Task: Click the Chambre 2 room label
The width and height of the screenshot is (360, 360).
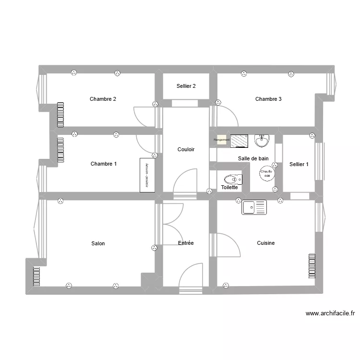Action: [103, 99]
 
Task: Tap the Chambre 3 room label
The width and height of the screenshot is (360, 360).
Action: [268, 99]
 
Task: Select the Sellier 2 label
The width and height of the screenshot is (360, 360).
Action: [186, 86]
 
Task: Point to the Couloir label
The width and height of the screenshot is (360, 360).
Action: [186, 150]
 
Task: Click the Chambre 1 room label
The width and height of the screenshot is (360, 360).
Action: [104, 164]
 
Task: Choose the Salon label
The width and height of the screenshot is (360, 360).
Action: [98, 244]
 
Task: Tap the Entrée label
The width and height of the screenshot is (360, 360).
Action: [186, 243]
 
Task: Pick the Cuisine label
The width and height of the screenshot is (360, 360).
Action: [266, 243]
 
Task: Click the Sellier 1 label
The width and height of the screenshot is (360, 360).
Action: [299, 164]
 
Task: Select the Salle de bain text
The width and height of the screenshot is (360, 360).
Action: [253, 158]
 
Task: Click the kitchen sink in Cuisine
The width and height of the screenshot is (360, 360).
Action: [253, 207]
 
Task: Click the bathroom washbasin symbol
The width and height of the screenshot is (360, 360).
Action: [262, 141]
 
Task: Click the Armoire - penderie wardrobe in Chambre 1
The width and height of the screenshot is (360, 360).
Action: [147, 175]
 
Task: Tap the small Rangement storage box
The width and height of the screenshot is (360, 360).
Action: [221, 140]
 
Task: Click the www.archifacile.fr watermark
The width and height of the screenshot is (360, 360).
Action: [330, 313]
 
